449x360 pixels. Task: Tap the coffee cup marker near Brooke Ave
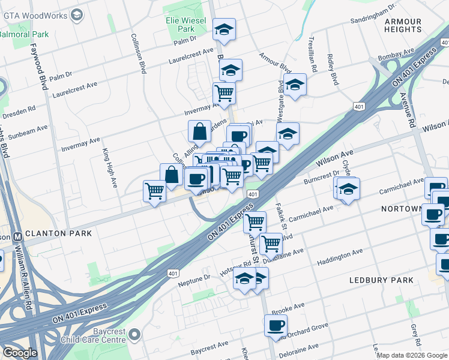coord(276,325)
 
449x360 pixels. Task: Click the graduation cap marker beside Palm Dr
coord(224,29)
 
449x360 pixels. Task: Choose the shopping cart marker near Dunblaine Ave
coord(271,244)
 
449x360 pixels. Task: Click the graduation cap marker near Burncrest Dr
coord(348,189)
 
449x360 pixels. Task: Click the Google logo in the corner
coord(19,353)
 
